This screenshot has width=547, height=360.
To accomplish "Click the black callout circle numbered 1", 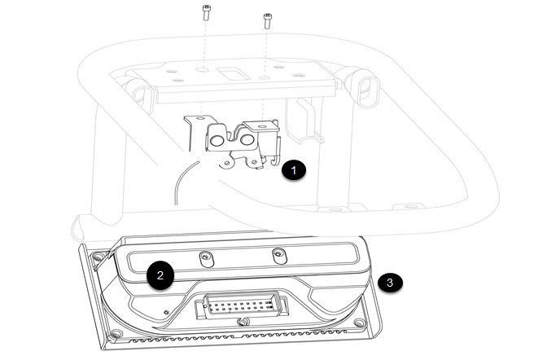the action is click(294, 170).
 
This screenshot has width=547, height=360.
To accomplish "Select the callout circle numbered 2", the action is click(160, 275).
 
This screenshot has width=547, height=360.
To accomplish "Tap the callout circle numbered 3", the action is click(390, 282).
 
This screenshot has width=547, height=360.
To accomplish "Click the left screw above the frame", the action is click(207, 12).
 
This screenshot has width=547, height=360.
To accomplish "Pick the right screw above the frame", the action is click(267, 21).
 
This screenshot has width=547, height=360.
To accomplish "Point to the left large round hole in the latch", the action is click(217, 140).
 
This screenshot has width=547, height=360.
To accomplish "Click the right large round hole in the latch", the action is click(247, 139).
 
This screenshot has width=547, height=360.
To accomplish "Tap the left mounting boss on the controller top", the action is click(206, 259).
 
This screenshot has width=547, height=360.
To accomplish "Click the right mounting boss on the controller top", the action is click(278, 255).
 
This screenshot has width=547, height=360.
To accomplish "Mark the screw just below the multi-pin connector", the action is click(242, 322).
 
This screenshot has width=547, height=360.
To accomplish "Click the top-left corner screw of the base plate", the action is click(98, 258).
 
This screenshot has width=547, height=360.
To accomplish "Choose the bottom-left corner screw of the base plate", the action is click(116, 334).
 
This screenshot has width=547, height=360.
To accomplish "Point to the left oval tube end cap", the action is click(144, 97).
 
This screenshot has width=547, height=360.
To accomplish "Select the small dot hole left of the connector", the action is click(166, 312).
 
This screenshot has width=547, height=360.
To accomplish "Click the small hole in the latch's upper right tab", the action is click(262, 125).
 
